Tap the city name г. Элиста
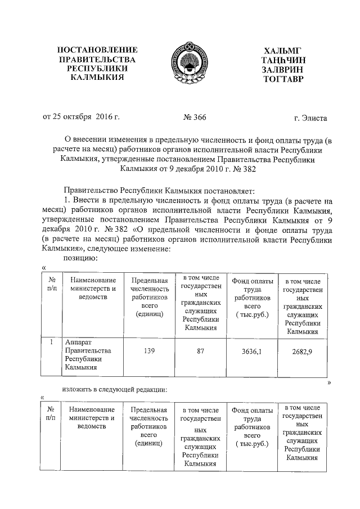(310, 118)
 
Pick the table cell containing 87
(201, 352)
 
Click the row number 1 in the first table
(51, 342)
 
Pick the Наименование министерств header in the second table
(92, 418)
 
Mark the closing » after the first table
(328, 382)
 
